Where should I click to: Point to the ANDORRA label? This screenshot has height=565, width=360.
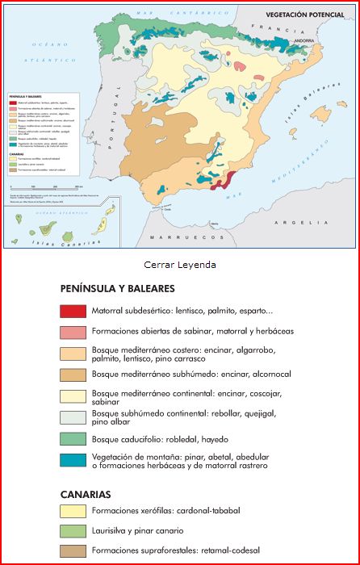(x=304, y=40)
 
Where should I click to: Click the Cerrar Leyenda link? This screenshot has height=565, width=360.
(x=180, y=264)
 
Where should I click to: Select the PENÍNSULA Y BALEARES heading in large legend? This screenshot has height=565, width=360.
(x=117, y=288)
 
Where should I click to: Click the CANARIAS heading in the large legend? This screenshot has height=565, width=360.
(x=85, y=493)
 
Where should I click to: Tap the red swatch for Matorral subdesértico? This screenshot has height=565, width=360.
(x=73, y=311)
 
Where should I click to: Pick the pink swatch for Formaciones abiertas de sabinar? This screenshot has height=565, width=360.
(x=73, y=332)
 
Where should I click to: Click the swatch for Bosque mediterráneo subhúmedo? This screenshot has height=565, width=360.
(x=73, y=375)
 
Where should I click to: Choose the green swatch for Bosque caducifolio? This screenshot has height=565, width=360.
(x=73, y=439)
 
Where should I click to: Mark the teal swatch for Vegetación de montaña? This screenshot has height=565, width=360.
(x=73, y=460)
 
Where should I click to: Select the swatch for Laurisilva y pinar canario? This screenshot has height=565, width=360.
(x=73, y=531)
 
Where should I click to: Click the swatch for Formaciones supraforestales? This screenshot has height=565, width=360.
(x=73, y=551)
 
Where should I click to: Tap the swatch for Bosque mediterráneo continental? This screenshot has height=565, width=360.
(x=73, y=395)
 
